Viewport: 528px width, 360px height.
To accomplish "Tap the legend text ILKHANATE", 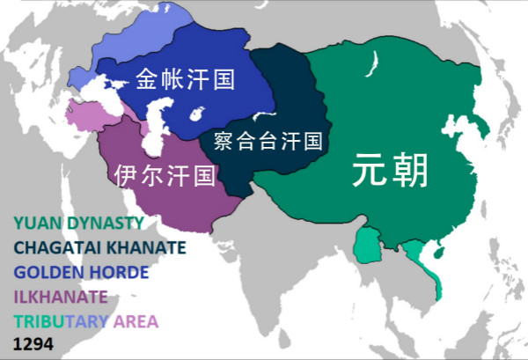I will click(x=60, y=296).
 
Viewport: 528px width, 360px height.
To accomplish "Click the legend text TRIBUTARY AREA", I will click(x=85, y=320).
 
